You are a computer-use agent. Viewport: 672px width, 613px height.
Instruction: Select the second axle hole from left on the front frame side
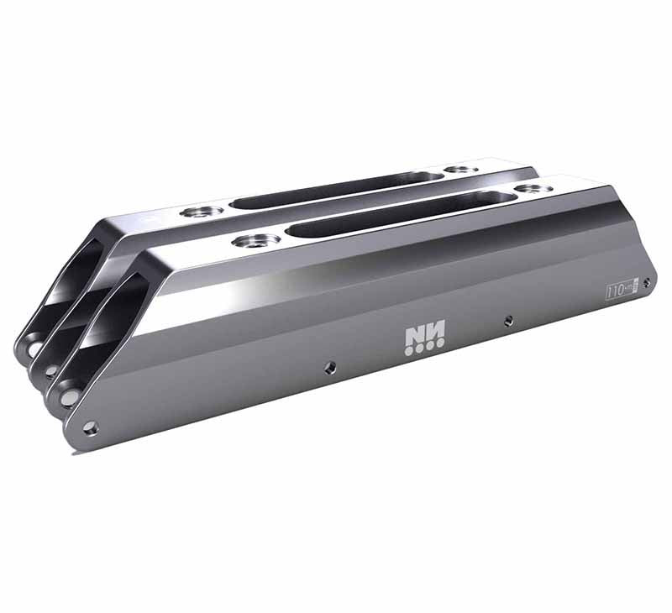(330, 366)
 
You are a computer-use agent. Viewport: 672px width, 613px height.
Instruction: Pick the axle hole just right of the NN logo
(507, 320)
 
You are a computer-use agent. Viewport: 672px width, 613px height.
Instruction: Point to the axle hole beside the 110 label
(646, 283)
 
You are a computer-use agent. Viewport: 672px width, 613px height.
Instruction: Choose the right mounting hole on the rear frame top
(460, 170)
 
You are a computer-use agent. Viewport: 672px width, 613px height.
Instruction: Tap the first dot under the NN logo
(408, 351)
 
